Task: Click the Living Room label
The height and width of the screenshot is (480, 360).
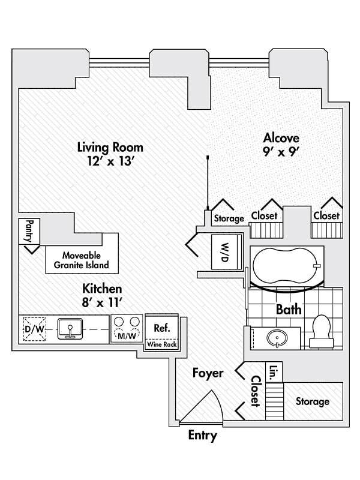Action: pos(110,147)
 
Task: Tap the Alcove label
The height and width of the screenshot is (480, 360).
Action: pos(281,138)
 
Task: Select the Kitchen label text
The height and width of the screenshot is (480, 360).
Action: pos(102,289)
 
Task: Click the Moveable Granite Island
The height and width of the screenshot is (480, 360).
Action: pos(82,260)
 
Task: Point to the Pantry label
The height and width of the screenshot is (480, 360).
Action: pos(29,231)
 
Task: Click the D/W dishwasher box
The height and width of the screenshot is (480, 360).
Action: pos(35,329)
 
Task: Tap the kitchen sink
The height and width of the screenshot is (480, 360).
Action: pos(70,329)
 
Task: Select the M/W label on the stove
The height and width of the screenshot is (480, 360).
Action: pos(127,336)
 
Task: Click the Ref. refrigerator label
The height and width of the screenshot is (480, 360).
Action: pos(161,328)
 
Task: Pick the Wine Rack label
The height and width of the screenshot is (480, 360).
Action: pos(161,344)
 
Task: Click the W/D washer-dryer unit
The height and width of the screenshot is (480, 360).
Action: pos(225,252)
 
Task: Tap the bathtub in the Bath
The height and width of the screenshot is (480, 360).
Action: pos(287,266)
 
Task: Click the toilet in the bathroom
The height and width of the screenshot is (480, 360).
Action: pos(322,332)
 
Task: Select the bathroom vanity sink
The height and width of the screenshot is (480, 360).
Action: pos(277,338)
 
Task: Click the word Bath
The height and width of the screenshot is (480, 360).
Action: pos(289,310)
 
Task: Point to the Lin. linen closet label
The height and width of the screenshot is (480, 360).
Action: pos(274,373)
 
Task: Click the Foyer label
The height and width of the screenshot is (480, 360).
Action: pos(208,373)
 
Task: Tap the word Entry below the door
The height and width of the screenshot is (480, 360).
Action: pos(203,436)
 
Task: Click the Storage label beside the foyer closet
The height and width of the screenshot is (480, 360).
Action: pos(313,401)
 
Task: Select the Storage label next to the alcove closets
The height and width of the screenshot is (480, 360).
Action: pos(229,218)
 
